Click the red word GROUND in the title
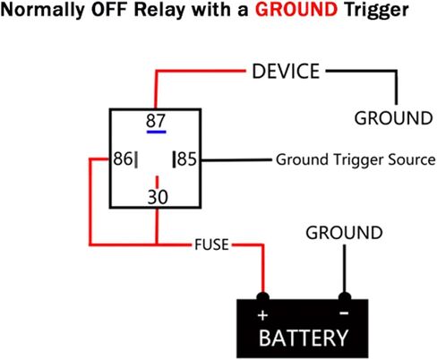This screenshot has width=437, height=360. [x=296, y=10]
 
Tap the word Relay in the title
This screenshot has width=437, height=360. [x=159, y=11]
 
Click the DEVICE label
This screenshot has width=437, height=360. [x=286, y=72]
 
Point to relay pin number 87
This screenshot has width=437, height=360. [x=156, y=121]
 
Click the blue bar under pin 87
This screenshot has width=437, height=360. [x=156, y=132]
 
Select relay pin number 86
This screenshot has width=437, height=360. [x=123, y=159]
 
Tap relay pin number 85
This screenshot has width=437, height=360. [x=187, y=159]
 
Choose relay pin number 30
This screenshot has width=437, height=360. [x=158, y=197]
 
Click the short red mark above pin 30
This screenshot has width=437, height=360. [x=157, y=182]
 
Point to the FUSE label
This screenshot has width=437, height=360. [x=211, y=244]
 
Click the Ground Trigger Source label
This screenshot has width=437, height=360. [x=356, y=159]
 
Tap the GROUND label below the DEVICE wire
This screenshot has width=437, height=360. [x=393, y=118]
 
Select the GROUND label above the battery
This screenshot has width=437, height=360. [x=344, y=233]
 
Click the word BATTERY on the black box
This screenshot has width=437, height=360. [x=304, y=338]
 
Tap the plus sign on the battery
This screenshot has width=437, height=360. [x=262, y=315]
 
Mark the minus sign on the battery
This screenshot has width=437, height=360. [x=344, y=313]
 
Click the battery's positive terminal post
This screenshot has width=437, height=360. [x=263, y=296]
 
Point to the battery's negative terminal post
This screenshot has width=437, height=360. [x=345, y=296]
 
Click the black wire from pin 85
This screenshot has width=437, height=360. [x=236, y=160]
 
